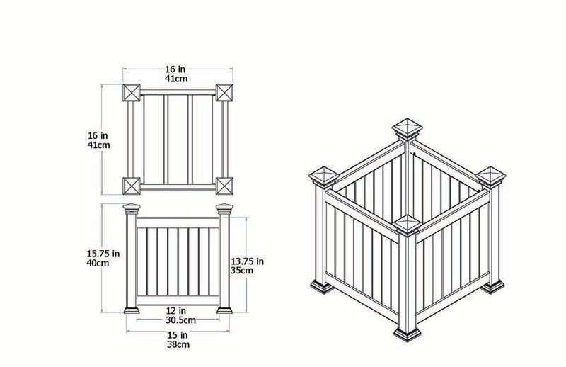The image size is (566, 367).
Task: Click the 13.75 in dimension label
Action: point(248,261)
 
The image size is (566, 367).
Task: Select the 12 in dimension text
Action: point(177,310)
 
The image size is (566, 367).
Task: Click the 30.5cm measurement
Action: point(177,320)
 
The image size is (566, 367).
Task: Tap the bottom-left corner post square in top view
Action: point(132,186)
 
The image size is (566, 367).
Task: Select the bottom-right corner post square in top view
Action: point(225,186)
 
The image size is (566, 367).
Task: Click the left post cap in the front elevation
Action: point(132,209)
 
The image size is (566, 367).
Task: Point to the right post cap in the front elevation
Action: point(225,209)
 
